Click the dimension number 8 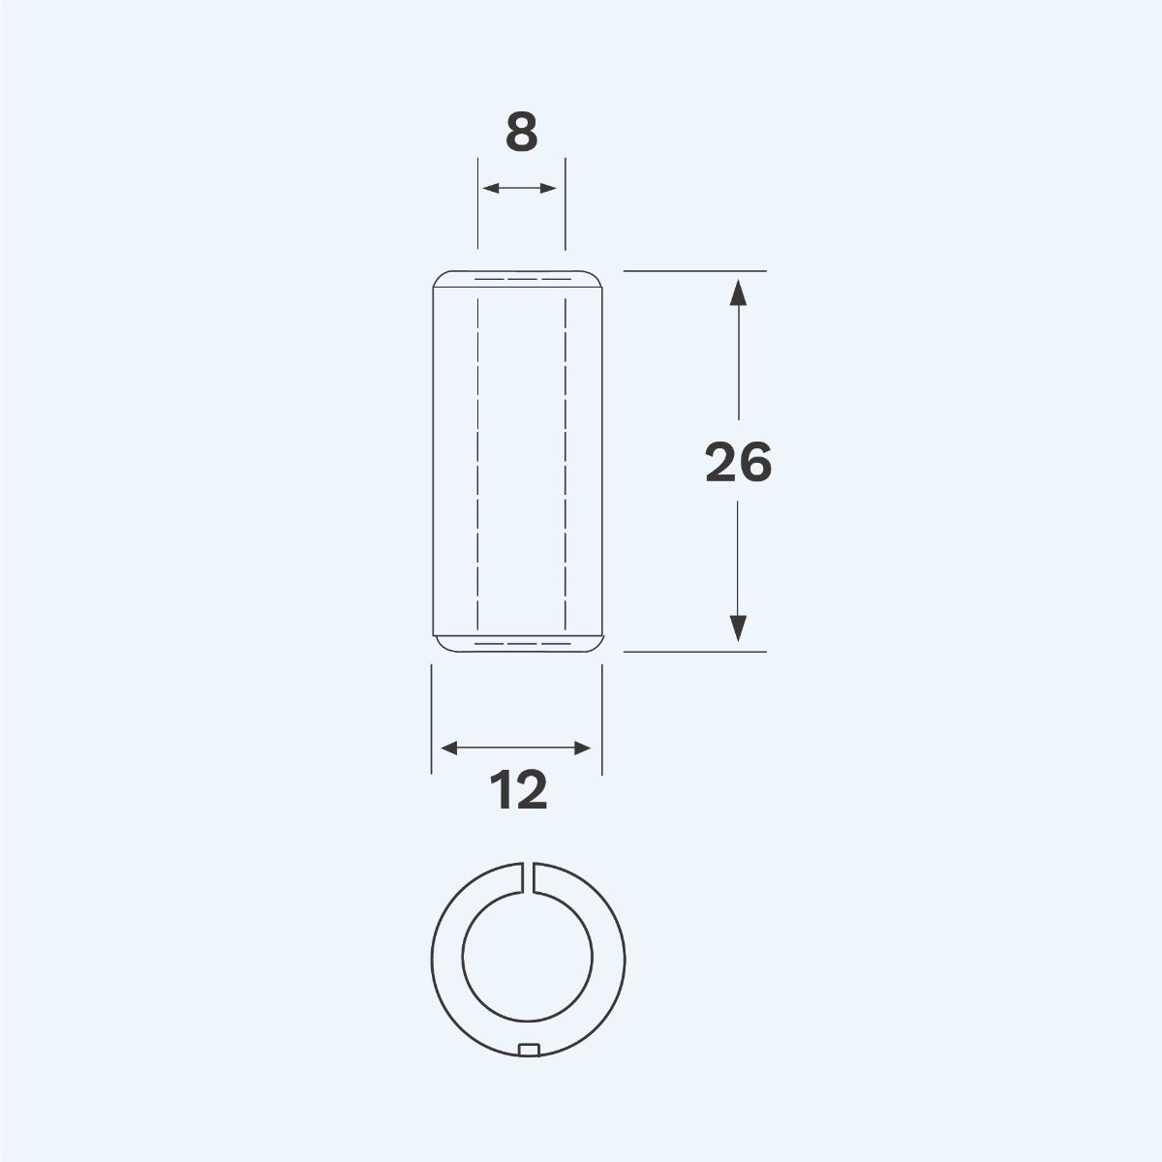point(521,134)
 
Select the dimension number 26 point(738,463)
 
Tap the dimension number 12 point(520,791)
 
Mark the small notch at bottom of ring point(529,1049)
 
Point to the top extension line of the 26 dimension point(694,270)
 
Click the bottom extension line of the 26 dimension point(694,652)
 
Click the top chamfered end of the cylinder point(517,279)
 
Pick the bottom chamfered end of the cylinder point(517,644)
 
